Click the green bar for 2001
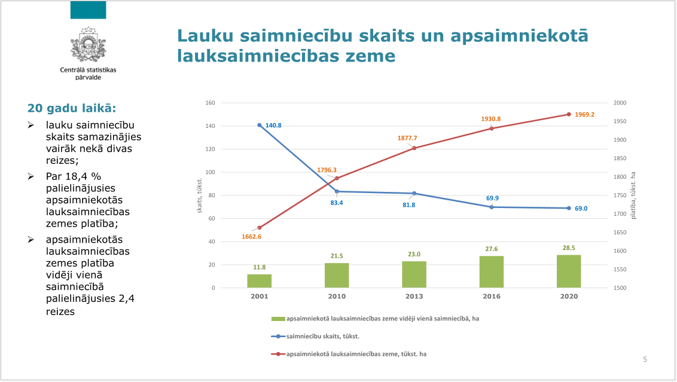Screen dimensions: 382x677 coord(260,281)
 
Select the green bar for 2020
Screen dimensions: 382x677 coord(569,271)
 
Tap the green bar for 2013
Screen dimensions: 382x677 coord(414,274)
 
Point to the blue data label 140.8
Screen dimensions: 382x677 coord(273,126)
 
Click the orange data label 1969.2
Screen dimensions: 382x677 coord(584,115)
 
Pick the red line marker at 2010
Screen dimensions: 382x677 coord(337,178)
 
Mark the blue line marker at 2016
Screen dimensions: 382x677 coord(492,207)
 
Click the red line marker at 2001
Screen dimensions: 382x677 coord(260,228)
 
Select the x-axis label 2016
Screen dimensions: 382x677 coord(492,297)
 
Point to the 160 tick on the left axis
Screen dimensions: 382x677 coord(210,103)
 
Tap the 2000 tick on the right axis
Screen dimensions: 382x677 coord(620,103)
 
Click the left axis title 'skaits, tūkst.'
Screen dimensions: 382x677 coord(201,195)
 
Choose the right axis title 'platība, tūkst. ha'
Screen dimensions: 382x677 coord(633,195)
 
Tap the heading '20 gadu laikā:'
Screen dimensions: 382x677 coord(71,108)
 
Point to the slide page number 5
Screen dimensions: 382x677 coord(645,359)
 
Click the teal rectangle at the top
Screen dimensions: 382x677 coord(88,10)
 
